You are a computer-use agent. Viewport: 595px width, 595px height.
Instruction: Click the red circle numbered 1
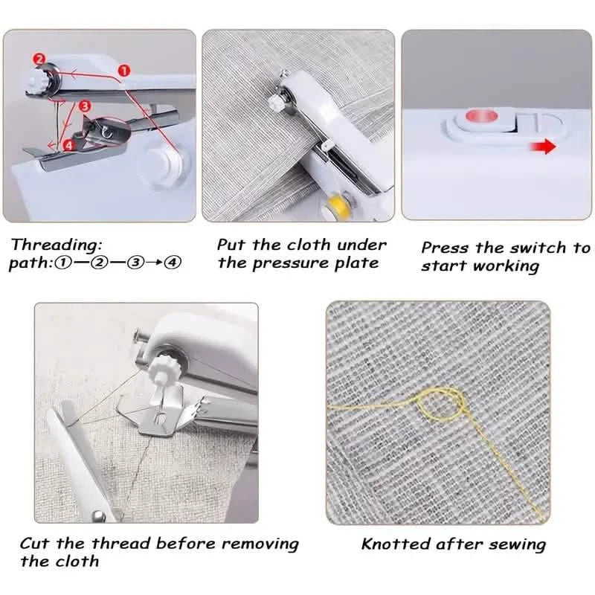pyautogui.click(x=124, y=70)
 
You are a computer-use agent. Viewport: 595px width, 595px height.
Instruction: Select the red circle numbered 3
pyautogui.click(x=85, y=106)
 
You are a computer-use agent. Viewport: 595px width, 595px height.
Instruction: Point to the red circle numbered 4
pyautogui.click(x=69, y=145)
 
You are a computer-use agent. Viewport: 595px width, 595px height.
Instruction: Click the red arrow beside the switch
pyautogui.click(x=546, y=147)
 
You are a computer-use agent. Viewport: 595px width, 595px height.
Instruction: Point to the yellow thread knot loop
pyautogui.click(x=441, y=405)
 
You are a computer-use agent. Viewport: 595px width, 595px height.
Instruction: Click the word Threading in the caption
pyautogui.click(x=57, y=245)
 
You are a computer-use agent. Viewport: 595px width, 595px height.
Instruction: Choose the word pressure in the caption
pyautogui.click(x=301, y=263)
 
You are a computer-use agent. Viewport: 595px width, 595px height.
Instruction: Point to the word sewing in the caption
pyautogui.click(x=519, y=545)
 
